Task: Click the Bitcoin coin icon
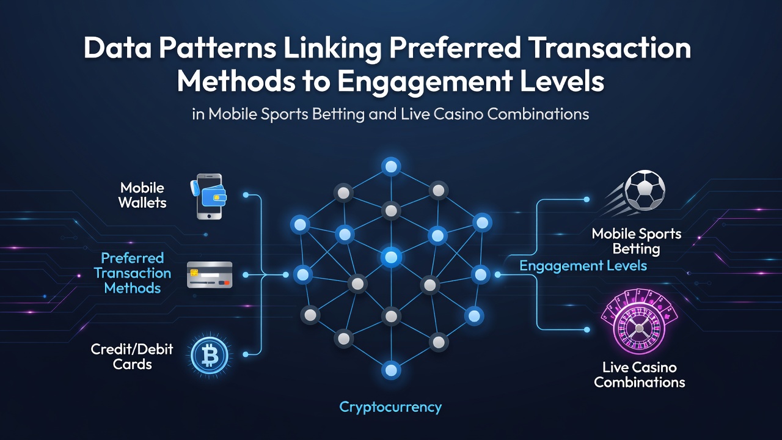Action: click(x=210, y=356)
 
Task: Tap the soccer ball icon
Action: click(x=645, y=191)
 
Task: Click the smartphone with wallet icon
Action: click(x=209, y=197)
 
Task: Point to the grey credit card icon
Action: click(x=210, y=275)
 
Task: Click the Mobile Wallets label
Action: click(x=142, y=195)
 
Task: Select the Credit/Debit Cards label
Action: click(x=131, y=356)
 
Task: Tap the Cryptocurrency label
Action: click(x=390, y=407)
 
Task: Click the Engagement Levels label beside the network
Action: click(x=583, y=266)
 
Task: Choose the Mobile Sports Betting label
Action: click(x=637, y=241)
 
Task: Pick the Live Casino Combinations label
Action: click(x=639, y=375)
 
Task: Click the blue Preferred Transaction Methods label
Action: click(x=133, y=273)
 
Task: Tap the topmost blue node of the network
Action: click(x=391, y=167)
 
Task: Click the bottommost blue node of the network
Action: click(x=391, y=370)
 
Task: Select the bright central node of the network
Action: click(x=391, y=257)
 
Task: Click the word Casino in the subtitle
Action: click(x=459, y=114)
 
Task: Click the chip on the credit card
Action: click(x=194, y=273)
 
